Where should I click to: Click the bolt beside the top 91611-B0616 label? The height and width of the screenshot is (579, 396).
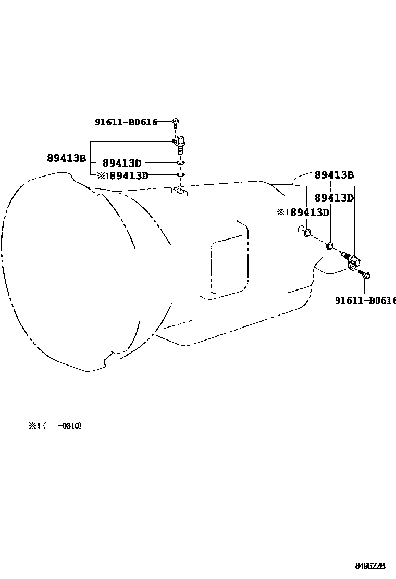(176, 123)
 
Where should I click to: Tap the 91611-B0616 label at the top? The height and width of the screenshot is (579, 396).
(126, 123)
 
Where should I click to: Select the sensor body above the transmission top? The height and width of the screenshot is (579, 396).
(179, 143)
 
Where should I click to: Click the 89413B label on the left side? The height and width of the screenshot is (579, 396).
(66, 158)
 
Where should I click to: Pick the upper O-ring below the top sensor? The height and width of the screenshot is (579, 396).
(180, 163)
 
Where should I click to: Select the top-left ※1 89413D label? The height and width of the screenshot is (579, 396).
(123, 176)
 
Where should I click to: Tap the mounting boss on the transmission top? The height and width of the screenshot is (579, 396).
(180, 192)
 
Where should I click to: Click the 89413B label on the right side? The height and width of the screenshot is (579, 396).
(334, 175)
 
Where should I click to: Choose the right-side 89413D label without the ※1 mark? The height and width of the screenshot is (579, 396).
(334, 198)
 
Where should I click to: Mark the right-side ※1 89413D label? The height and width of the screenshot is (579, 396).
(303, 212)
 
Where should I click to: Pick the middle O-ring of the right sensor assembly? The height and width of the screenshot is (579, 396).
(330, 245)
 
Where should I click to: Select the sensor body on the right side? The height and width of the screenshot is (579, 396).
(354, 260)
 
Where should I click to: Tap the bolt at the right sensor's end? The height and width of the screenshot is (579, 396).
(366, 275)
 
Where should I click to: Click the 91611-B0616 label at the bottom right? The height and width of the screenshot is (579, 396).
(365, 300)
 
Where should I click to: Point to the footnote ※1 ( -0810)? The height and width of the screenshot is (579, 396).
(55, 426)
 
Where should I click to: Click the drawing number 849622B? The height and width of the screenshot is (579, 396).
(370, 566)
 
